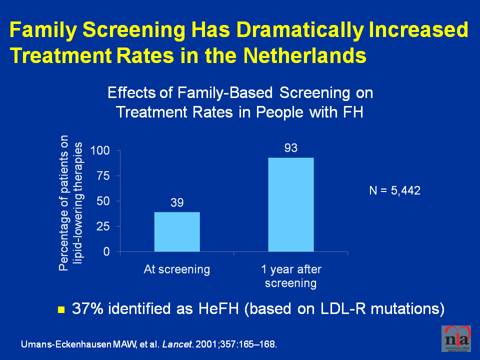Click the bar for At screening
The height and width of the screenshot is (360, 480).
pyautogui.click(x=177, y=232)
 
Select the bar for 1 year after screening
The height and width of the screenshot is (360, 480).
pyautogui.click(x=291, y=205)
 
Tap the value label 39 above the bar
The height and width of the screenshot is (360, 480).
pyautogui.click(x=177, y=203)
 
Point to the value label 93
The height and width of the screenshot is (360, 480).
pyautogui.click(x=291, y=148)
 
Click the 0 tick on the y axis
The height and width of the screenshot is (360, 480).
pyautogui.click(x=106, y=252)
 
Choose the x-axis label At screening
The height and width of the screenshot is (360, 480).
pyautogui.click(x=177, y=270)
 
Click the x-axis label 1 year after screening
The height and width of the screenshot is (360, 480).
pyautogui.click(x=291, y=276)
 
